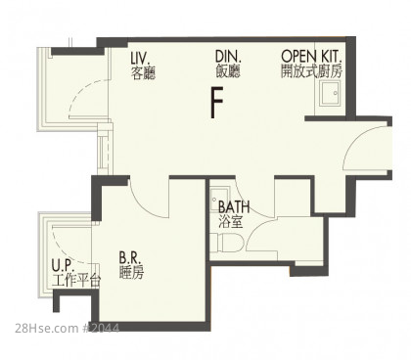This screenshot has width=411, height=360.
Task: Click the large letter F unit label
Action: pyautogui.click(x=217, y=103)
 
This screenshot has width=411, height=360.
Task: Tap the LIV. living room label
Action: pyautogui.click(x=140, y=58)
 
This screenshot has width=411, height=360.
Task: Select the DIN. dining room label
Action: pyautogui.click(x=228, y=57)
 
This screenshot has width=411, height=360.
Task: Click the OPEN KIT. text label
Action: pyautogui.click(x=311, y=56)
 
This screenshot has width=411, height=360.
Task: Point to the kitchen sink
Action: pyautogui.click(x=330, y=93)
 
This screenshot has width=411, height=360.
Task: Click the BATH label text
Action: pyautogui.click(x=234, y=206)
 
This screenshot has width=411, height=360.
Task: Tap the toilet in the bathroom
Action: pyautogui.click(x=226, y=244)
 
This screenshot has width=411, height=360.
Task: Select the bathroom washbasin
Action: pyautogui.click(x=216, y=197)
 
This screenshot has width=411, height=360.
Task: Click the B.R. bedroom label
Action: pyautogui.click(x=130, y=257)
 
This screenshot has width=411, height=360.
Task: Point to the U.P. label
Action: pyautogui.click(x=64, y=266)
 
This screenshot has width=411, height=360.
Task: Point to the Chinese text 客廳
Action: pyautogui.click(x=143, y=73)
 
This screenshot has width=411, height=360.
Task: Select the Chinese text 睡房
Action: pyautogui.click(x=131, y=273)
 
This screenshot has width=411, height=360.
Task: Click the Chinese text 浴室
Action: pyautogui.click(x=230, y=222)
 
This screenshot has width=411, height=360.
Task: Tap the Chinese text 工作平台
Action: pyautogui.click(x=76, y=281)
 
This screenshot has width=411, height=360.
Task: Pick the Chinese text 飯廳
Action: pyautogui.click(x=228, y=71)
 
